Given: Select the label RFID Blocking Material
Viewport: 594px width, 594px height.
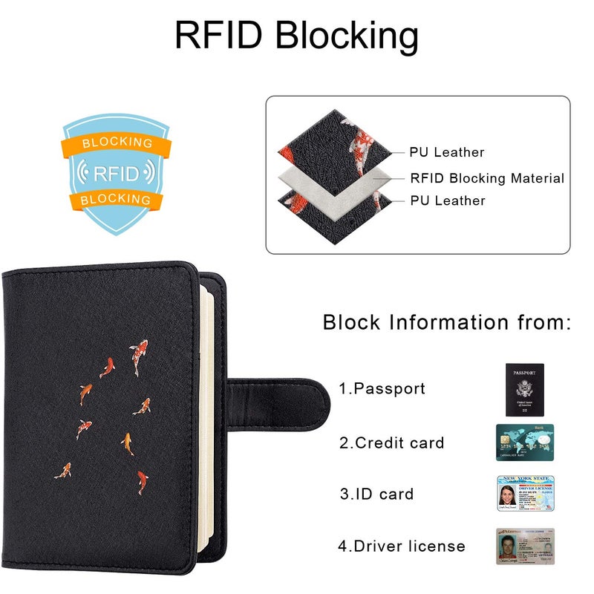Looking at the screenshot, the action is point(487,178).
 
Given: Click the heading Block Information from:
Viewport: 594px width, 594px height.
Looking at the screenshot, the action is point(446,322).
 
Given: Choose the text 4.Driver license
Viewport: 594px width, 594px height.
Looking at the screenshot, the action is point(402,546).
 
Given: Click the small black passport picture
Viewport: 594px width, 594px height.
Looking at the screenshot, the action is point(524,389).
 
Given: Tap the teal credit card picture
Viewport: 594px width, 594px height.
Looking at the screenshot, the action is point(525,443).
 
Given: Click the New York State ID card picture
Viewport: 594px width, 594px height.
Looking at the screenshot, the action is point(525,493).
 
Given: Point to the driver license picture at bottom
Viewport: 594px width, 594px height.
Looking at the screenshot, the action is point(525,546).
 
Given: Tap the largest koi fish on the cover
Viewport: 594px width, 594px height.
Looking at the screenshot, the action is point(138,356).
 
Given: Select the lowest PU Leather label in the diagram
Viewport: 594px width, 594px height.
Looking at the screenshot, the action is point(447,200).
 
